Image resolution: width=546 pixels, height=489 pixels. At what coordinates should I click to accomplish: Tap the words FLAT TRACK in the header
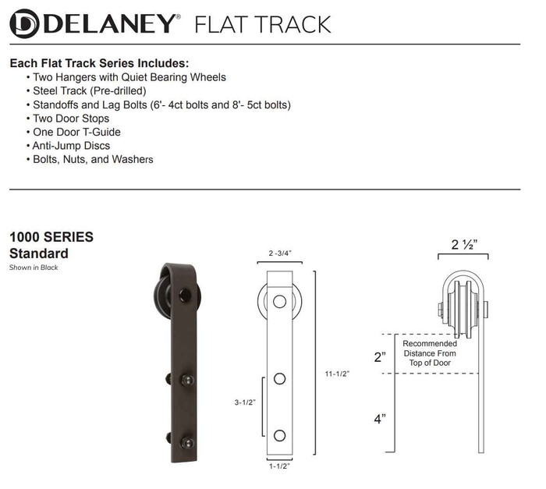coord(262,23)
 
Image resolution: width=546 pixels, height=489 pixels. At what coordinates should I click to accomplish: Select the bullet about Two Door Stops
coord(71,119)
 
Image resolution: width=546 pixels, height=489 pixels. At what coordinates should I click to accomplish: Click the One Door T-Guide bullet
coord(76,132)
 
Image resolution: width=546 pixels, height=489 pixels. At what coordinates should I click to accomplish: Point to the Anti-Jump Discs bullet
coord(71,146)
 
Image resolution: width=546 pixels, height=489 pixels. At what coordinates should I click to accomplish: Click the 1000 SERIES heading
coord(51,237)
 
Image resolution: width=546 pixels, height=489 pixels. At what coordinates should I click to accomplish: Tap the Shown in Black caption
coord(34,268)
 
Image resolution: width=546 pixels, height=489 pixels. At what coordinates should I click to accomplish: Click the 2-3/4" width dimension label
coord(281,253)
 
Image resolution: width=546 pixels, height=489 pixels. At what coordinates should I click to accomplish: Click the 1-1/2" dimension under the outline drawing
coord(280,466)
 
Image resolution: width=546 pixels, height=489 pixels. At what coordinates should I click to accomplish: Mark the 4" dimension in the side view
coord(379,418)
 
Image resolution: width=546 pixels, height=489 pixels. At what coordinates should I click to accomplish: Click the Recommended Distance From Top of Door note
coord(430,353)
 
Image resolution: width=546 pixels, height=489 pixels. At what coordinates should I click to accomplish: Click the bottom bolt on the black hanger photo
coord(187,441)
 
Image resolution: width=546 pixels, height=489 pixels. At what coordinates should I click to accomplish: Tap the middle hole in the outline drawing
coord(280,379)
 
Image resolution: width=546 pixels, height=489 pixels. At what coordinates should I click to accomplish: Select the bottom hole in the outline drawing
coord(280,434)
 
